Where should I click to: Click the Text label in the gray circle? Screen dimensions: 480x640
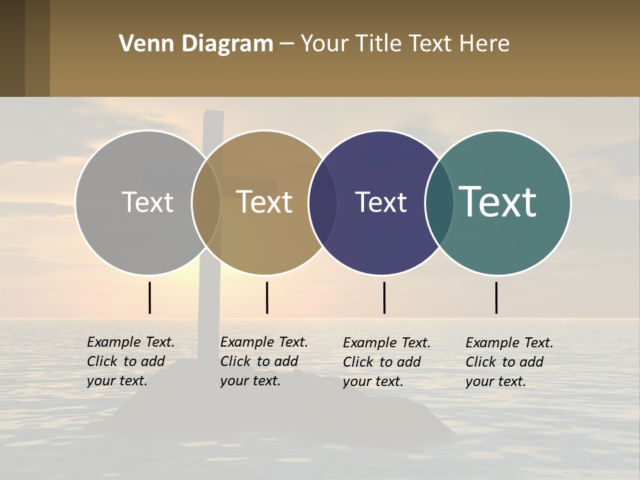click(147, 202)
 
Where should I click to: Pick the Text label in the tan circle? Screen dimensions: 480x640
click(264, 202)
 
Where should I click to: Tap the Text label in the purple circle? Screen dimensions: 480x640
click(381, 202)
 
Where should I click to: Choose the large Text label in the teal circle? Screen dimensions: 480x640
click(498, 202)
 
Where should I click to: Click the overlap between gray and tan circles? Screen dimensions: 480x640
click(206, 202)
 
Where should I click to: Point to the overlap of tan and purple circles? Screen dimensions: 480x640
click(323, 202)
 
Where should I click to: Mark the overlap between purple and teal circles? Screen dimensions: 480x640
click(439, 202)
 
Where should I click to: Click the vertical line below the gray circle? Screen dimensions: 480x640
click(150, 297)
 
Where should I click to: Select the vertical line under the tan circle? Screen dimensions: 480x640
click(267, 297)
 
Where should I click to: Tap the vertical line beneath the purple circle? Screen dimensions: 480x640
click(384, 297)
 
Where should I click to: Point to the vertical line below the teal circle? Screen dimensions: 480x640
click(497, 297)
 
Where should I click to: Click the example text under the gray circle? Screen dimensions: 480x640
click(131, 361)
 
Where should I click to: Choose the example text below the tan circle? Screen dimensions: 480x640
click(264, 361)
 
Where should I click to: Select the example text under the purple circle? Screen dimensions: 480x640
click(387, 362)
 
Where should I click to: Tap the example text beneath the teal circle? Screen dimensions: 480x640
click(509, 362)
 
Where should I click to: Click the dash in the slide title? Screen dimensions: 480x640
click(287, 45)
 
